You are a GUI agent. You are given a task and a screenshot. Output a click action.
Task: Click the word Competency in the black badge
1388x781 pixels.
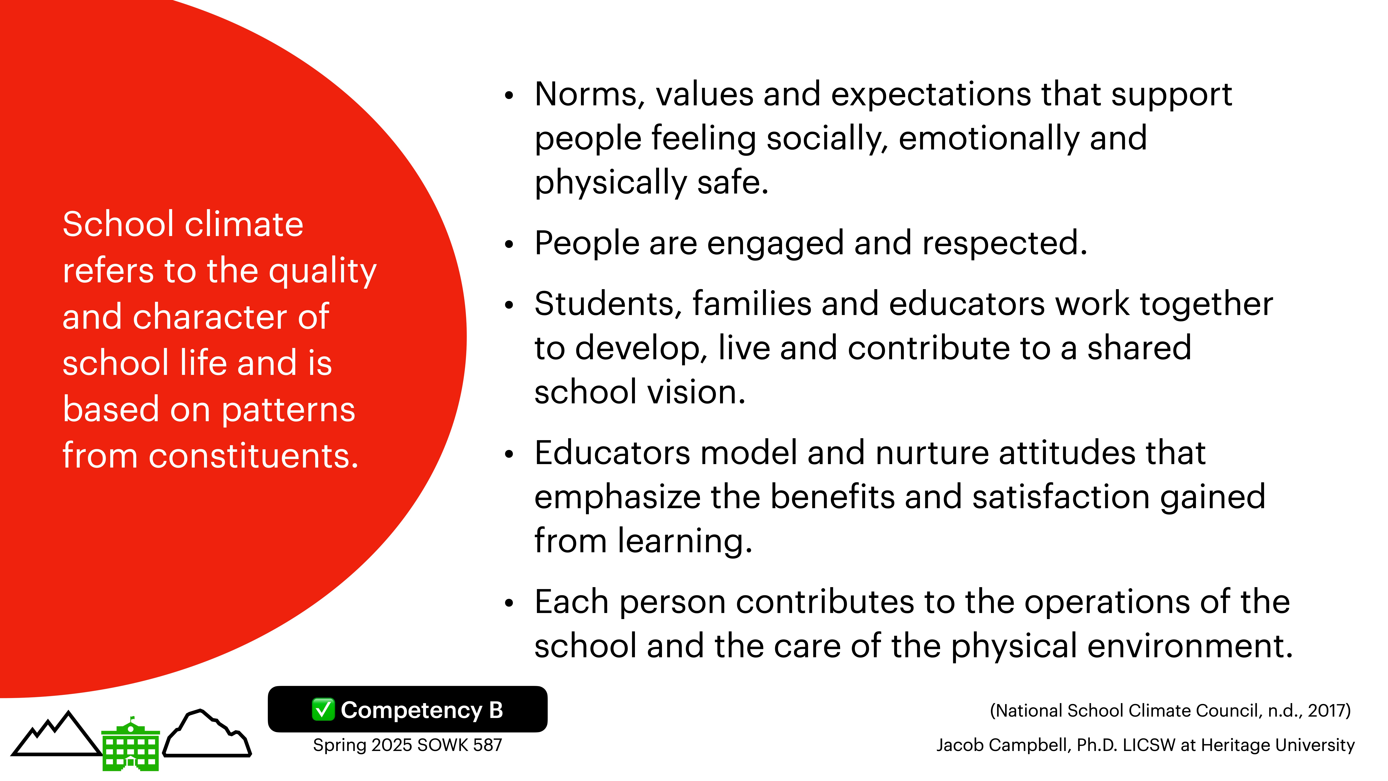[x=411, y=710]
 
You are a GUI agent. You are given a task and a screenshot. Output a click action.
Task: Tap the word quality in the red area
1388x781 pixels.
[x=322, y=271]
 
